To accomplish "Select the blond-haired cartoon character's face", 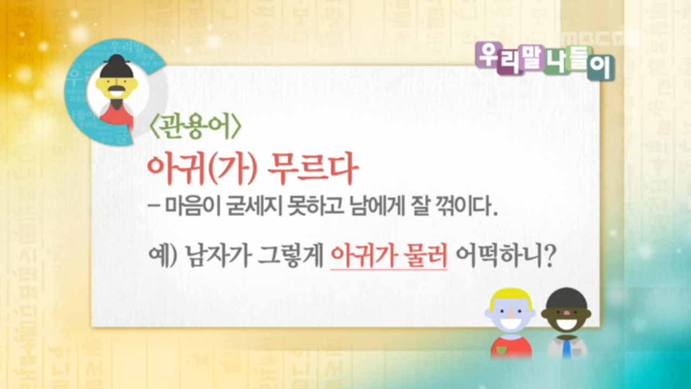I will [x=509, y=316].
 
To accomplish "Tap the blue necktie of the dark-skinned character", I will [x=566, y=349].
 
